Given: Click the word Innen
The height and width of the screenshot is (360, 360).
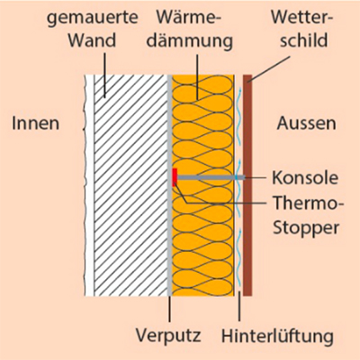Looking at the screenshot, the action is pos(35,123).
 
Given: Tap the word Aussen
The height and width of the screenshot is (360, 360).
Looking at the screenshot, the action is pos(306,123).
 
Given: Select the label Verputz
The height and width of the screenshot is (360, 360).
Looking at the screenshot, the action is pos(168,336).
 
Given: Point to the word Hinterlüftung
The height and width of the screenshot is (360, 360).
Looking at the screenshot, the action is pos(277,336).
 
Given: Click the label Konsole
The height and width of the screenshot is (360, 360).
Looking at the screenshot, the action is pos(305,177).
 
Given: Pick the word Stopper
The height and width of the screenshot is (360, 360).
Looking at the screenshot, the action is pos(306,228).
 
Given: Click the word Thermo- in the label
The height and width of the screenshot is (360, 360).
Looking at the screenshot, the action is pos(308,203).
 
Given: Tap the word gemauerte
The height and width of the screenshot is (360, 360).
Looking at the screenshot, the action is pos(93,19).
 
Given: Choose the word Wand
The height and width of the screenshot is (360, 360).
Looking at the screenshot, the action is pos(92,40).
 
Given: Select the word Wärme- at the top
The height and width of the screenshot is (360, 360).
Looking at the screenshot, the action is pos(189,17).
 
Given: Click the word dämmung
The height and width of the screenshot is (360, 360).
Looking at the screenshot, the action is pos(190,41).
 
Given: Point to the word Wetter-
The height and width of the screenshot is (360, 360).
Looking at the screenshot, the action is pos(302,17).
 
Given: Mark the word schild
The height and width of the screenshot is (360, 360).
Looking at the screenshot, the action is pos(303,40).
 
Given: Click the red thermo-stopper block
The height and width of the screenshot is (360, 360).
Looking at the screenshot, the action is pos(175,177).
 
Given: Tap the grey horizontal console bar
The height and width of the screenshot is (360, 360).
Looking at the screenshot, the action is pos(211,177).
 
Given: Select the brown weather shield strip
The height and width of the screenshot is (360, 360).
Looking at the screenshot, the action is pos(247,185).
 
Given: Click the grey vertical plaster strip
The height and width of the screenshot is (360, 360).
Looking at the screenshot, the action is pos(169,185).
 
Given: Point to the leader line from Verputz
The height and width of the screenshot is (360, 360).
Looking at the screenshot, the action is pos(169,309).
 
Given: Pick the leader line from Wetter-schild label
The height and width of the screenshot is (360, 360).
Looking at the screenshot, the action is pos(269,69).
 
